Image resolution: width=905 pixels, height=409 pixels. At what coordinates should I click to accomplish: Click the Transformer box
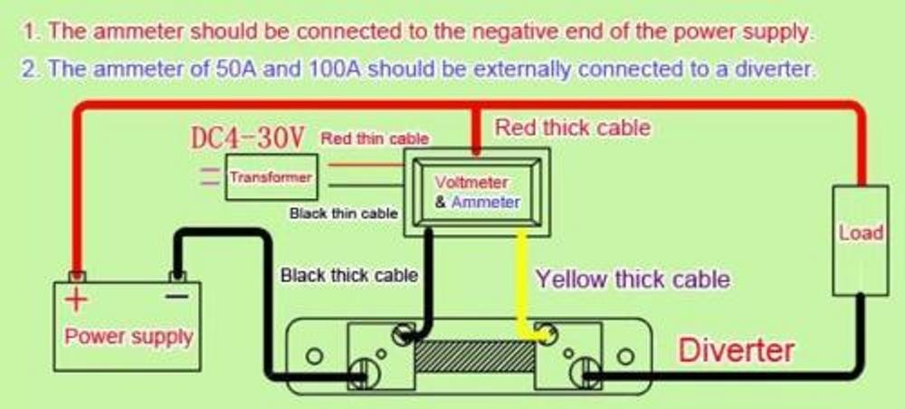271,178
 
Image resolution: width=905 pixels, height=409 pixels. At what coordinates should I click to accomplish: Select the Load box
860,233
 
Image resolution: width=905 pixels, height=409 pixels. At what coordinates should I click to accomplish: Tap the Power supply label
129,337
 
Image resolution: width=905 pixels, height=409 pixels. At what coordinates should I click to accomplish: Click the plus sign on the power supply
78,300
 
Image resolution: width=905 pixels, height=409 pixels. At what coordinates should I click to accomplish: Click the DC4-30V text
247,138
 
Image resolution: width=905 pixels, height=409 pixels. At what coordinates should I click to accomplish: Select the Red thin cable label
374,138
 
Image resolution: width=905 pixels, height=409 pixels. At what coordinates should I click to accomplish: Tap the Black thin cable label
343,214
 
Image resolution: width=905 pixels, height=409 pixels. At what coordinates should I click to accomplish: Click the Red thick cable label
572,128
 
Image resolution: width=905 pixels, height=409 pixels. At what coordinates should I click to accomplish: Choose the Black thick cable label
349,275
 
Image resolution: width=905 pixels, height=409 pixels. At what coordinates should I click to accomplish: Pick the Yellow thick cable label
633,279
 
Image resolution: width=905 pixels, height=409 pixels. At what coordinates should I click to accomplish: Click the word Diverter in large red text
737,350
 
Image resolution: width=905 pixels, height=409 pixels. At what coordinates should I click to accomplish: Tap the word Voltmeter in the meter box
472,183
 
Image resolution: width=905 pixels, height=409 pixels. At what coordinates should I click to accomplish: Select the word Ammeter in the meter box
486,202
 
